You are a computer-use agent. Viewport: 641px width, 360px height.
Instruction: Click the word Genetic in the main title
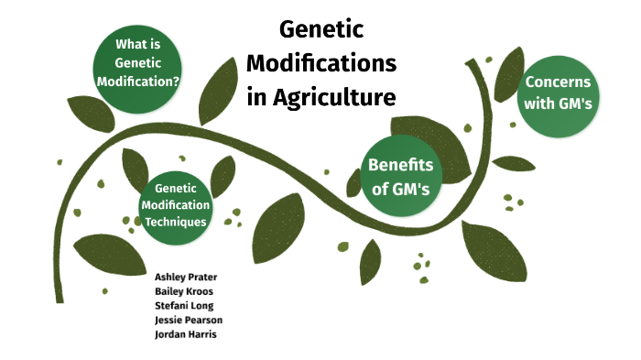click(321, 31)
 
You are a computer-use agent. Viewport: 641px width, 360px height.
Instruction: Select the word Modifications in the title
click(321, 64)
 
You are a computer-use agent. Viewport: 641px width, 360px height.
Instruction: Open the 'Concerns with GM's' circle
click(559, 93)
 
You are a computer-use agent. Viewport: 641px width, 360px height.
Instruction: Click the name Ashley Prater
click(187, 277)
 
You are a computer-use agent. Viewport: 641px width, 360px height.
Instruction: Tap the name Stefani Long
click(185, 305)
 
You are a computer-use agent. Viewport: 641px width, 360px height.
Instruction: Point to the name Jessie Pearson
click(189, 320)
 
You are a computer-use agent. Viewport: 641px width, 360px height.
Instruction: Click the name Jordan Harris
click(186, 334)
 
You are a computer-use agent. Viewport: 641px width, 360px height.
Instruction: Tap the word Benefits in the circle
click(399, 165)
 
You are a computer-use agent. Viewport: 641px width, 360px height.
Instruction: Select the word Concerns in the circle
click(559, 81)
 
